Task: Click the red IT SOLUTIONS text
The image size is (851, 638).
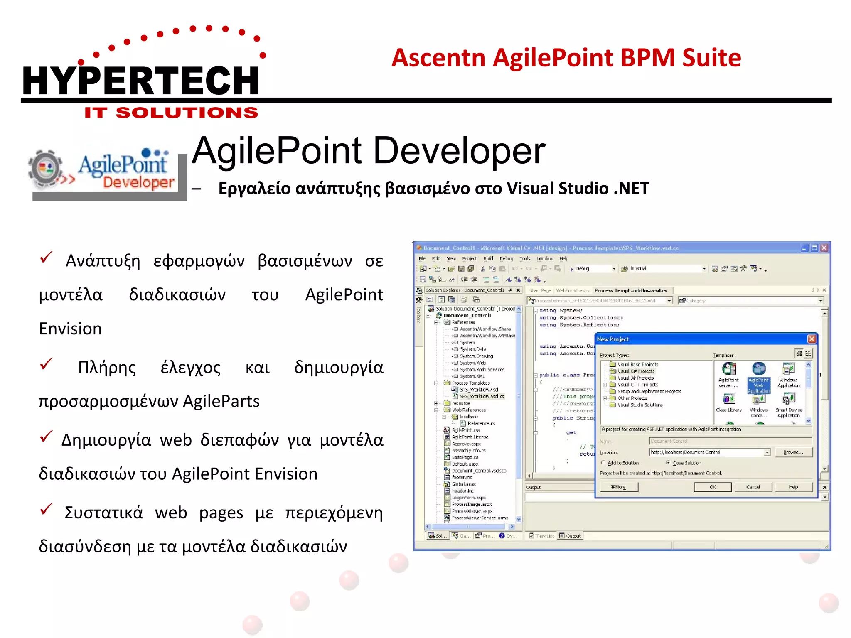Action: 171,113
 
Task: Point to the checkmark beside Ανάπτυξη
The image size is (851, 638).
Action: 46,257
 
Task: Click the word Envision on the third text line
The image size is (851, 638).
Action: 70,329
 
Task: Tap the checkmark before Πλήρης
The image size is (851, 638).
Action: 46,364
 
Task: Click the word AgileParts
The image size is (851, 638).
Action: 221,401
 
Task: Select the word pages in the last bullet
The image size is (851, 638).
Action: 221,513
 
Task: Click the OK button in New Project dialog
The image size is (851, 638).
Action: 712,487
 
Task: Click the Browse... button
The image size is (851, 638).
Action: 793,452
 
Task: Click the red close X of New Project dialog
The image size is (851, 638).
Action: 812,339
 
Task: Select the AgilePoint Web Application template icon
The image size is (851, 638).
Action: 759,369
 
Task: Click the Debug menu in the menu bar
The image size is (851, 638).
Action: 506,258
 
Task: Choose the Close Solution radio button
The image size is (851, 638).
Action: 668,463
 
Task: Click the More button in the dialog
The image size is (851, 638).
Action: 618,487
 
